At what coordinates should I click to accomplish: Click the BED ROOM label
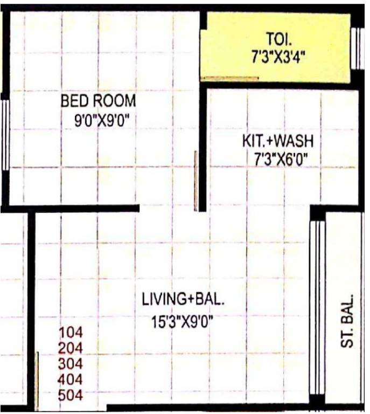coord(98,101)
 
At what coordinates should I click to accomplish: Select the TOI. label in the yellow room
coord(279,39)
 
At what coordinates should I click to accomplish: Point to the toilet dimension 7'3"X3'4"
coord(278,57)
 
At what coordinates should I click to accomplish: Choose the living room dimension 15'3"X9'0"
coord(182,324)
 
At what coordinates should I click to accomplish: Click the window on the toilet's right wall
coord(358,49)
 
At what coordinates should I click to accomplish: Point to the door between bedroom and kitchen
coord(197,181)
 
